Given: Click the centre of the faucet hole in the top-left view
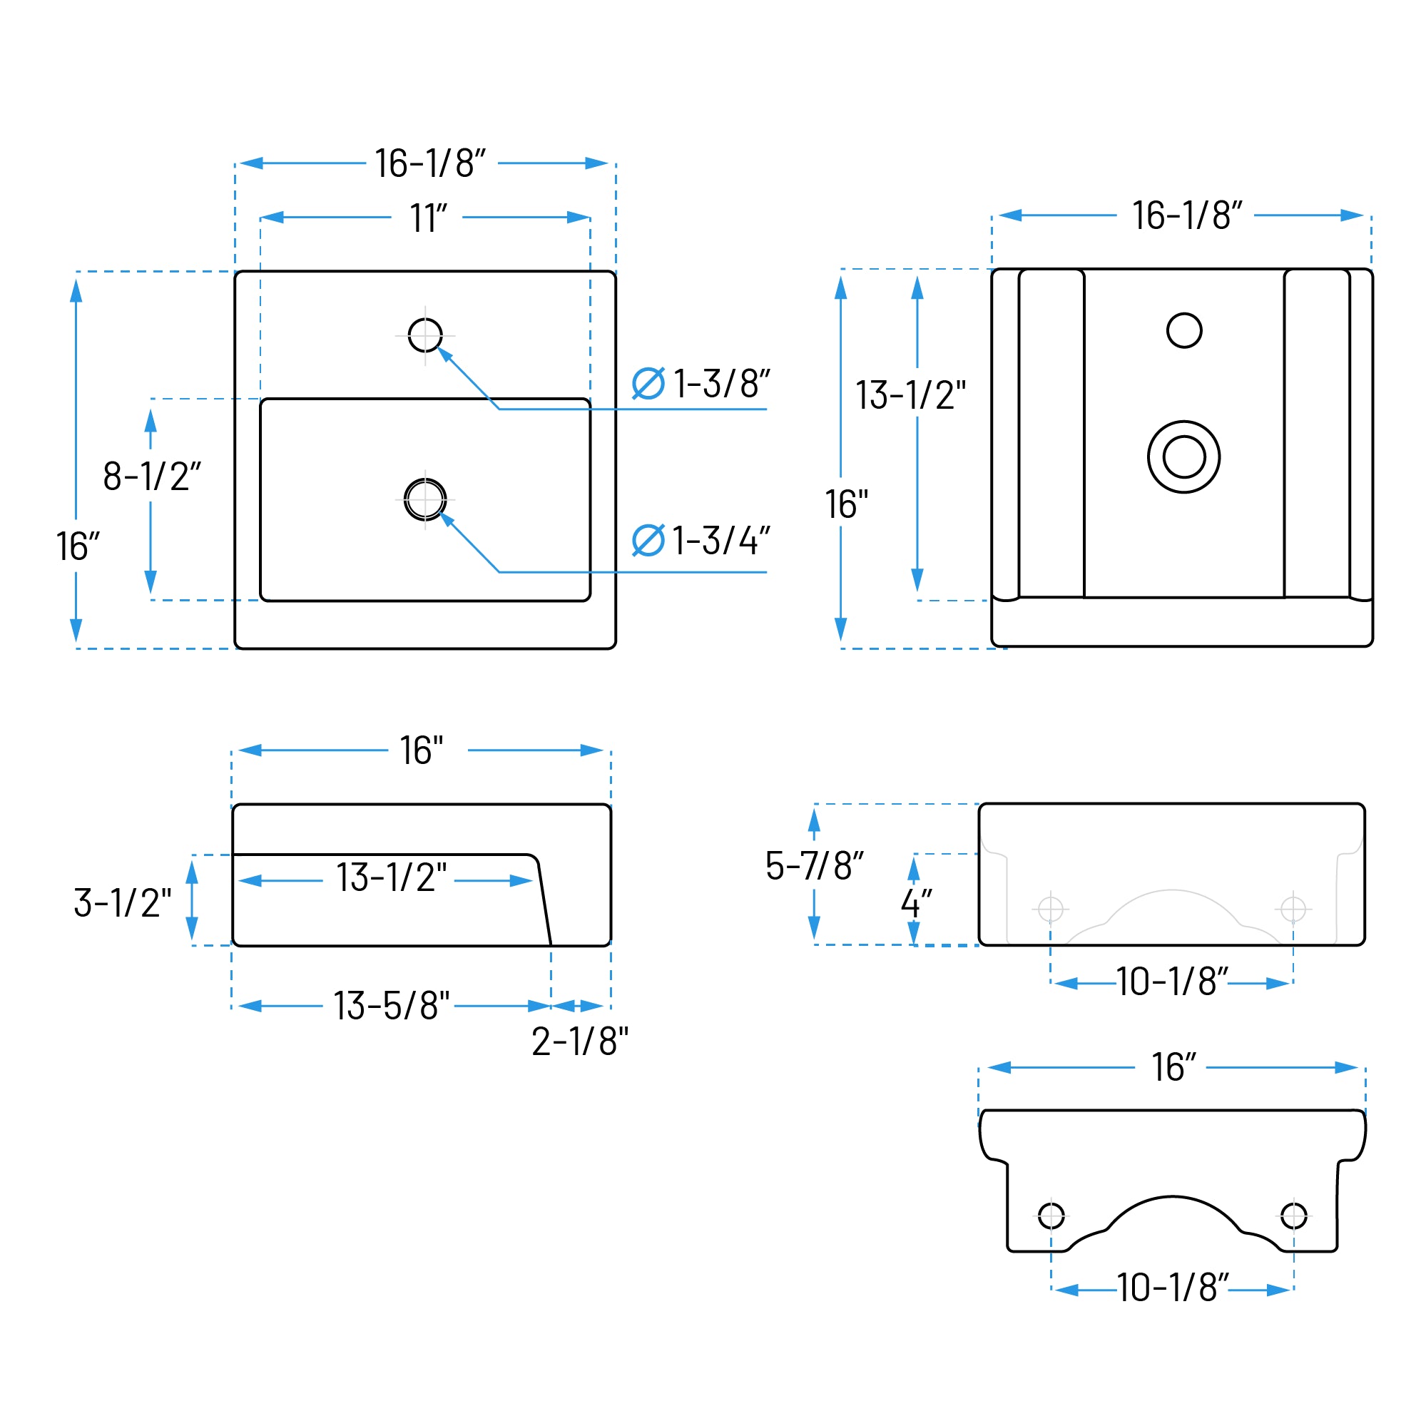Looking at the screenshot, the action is point(425,336).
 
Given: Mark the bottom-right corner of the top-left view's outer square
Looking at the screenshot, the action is point(616,648).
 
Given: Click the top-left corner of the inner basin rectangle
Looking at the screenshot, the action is point(261,399).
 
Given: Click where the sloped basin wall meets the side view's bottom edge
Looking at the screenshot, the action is point(551,945).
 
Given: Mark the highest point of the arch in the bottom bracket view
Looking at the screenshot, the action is point(1172,1197).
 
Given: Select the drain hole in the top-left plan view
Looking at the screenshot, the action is point(425,500).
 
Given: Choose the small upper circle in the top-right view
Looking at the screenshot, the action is point(1184,330).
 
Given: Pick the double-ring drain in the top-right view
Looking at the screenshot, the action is point(1184,457).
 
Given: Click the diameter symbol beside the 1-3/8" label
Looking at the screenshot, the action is point(648,383).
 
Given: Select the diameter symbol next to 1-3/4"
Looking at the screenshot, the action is point(648,540).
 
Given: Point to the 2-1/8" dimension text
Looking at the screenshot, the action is point(581,1041).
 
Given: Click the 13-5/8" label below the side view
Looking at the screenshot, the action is point(392,1006).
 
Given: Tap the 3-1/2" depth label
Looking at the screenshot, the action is point(123,903).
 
